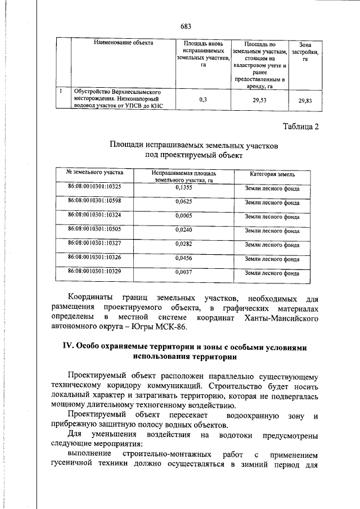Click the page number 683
[186, 26]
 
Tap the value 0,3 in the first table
[203, 100]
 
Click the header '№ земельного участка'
[94, 172]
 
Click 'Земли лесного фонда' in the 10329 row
[272, 274]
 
